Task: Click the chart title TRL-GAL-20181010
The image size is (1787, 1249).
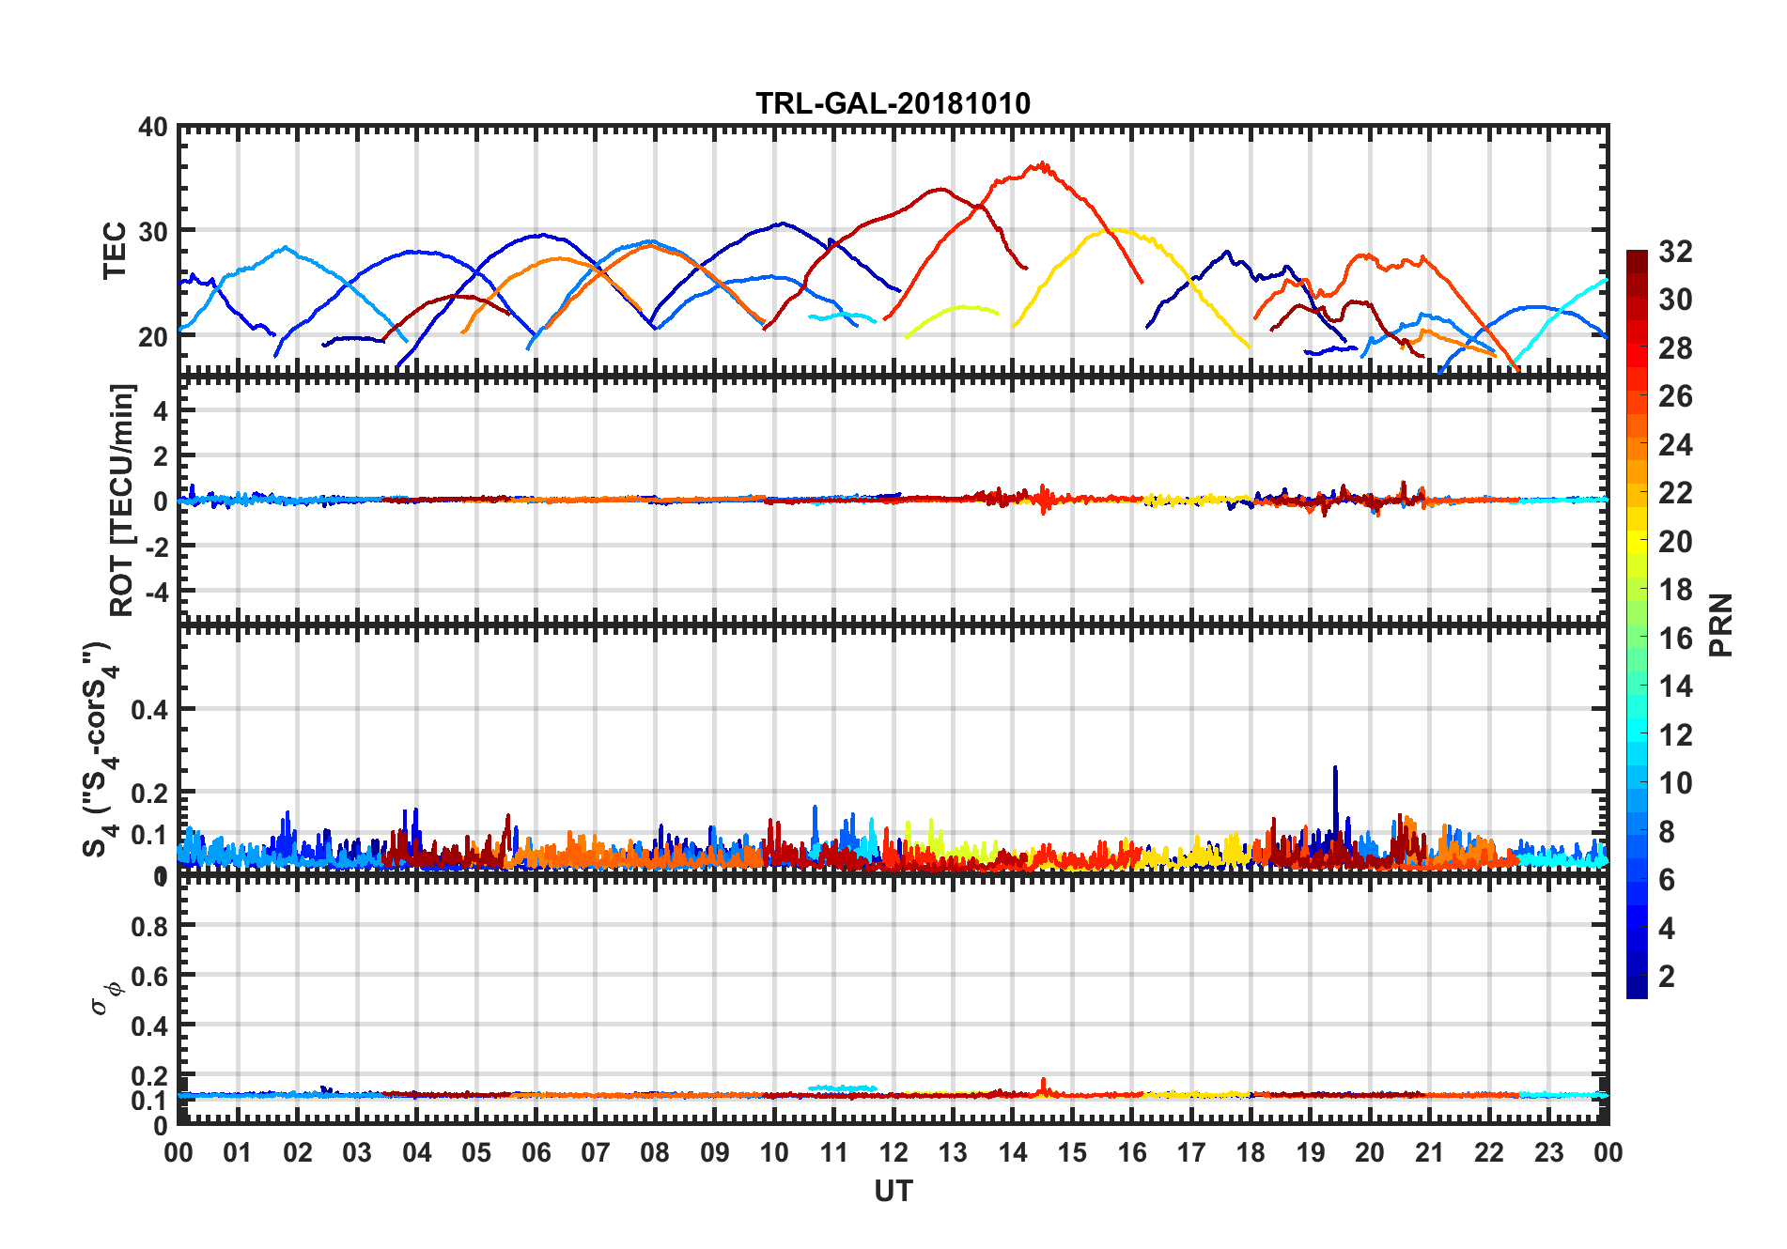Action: click(x=893, y=102)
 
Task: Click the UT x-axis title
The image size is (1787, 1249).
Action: click(x=893, y=1191)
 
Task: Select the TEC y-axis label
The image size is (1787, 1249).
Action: click(x=115, y=251)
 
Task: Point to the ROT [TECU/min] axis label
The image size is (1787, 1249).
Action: click(x=122, y=500)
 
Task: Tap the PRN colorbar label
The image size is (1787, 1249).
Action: click(x=1721, y=624)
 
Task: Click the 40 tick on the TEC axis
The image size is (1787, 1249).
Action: click(x=153, y=127)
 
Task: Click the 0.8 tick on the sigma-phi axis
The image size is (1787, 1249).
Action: click(x=149, y=926)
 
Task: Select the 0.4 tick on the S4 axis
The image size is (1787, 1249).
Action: click(x=149, y=710)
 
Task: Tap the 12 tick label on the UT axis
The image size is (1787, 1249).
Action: click(x=893, y=1152)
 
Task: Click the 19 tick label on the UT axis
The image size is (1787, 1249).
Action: click(x=1310, y=1152)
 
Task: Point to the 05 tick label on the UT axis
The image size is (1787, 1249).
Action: click(x=476, y=1152)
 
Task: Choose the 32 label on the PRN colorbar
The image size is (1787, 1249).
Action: click(x=1675, y=252)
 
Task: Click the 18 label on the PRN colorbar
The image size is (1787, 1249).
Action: click(x=1675, y=590)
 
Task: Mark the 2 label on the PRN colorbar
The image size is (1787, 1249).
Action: click(x=1667, y=977)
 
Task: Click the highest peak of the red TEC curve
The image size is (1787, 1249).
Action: click(x=1040, y=165)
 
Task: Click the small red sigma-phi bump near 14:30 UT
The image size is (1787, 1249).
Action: click(x=1043, y=1082)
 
